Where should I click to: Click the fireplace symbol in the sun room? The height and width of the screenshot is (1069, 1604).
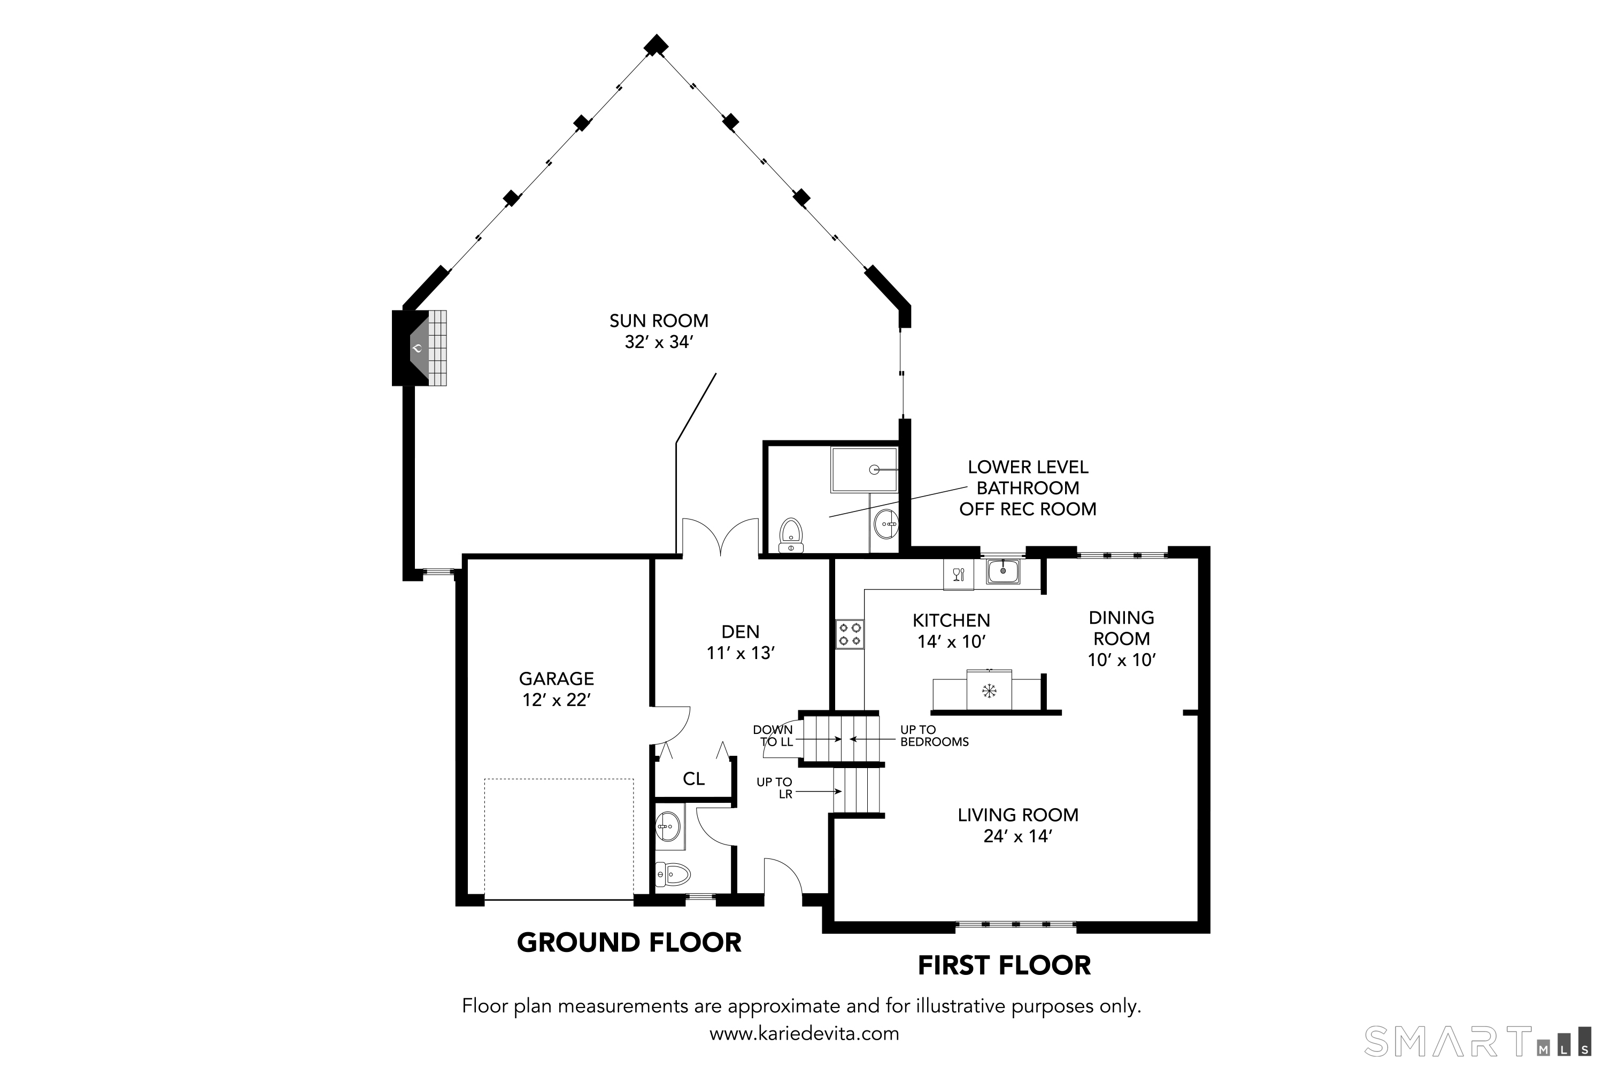coord(419,348)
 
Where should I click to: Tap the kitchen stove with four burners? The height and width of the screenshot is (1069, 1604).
coord(850,633)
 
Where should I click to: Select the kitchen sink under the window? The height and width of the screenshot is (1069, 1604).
coord(1002,571)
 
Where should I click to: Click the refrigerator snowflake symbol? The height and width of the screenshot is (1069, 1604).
coord(989,691)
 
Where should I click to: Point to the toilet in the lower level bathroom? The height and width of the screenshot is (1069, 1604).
coord(791,535)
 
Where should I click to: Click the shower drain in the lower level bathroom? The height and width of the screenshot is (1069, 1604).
coord(874,470)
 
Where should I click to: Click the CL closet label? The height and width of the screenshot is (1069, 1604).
coord(693,779)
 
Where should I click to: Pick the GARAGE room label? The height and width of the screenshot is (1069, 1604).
coord(557,678)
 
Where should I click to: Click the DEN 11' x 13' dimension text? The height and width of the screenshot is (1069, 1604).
coord(741,653)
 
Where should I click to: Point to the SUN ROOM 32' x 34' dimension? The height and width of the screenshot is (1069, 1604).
coord(659,342)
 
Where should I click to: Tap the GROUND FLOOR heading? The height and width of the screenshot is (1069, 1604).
coord(629,943)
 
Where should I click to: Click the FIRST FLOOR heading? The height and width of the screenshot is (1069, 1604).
coord(1004,965)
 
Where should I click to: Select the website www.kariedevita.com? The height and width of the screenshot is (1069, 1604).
coord(804,1034)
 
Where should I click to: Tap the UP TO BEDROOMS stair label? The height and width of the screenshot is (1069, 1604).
coord(934,735)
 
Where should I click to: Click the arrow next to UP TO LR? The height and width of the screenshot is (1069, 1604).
coord(818,792)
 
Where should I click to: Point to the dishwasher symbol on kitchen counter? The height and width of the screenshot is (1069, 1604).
coord(958,574)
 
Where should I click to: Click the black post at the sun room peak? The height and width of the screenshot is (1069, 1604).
coord(656,45)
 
